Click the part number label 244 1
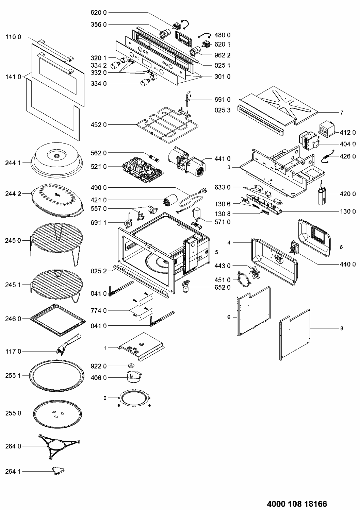(13, 163)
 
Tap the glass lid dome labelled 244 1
(57, 160)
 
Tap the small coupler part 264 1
(58, 471)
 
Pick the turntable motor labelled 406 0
(134, 377)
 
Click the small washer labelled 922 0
(131, 365)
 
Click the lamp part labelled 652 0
(186, 287)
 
